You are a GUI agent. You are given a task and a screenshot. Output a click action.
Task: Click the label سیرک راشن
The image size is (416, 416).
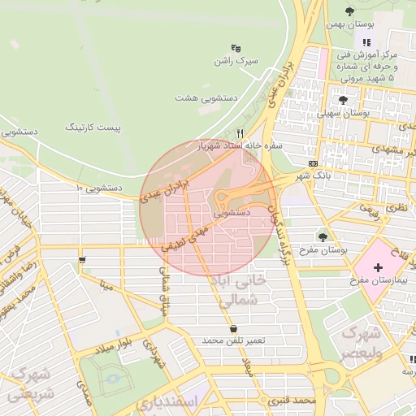click(235, 61)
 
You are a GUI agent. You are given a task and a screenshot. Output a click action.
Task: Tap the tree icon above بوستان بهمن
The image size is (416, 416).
click(349, 11)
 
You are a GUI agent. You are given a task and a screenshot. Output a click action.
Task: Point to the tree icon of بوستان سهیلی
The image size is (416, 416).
click(342, 100)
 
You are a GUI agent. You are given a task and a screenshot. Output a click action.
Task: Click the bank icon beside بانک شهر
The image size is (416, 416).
click(314, 162)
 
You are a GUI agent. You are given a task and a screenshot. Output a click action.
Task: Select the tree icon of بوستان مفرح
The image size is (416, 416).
click(323, 236)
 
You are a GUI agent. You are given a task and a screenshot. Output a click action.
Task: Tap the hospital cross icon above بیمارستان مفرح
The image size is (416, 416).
click(378, 267)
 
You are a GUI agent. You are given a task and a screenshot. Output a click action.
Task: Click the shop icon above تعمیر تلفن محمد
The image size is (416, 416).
click(234, 328)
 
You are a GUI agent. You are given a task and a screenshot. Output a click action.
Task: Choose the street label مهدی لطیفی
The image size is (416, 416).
click(186, 236)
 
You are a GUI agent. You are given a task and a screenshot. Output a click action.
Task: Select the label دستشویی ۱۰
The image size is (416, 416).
click(98, 188)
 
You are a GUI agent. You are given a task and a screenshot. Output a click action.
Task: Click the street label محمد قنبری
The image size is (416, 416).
click(293, 401)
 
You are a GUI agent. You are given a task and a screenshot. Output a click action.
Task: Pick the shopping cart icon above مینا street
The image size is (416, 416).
click(82, 261)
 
